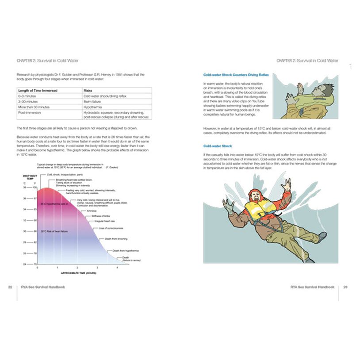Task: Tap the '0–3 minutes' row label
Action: point(27,96)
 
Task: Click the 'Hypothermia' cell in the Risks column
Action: point(94,107)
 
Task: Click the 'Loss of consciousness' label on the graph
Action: point(111,228)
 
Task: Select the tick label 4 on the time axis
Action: point(117,268)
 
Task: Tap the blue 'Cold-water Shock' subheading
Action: point(218,146)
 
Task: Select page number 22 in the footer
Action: point(10,287)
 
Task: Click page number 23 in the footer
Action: point(345,287)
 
